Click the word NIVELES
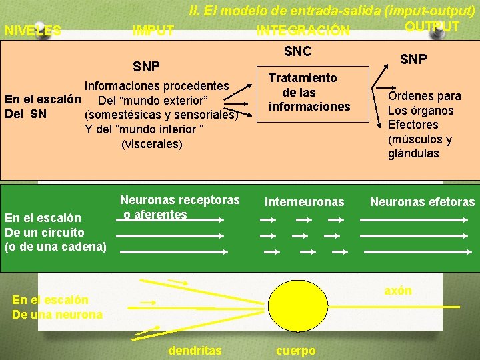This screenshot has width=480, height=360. pos(33,31)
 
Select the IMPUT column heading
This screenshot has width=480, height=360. pos(153,31)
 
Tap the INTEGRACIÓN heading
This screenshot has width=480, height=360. pos(303,31)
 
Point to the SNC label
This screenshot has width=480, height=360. pos(298,51)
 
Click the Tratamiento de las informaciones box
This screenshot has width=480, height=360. pos(309,93)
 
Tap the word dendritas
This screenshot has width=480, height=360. pos(195,350)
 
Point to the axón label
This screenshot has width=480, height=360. pos(398,291)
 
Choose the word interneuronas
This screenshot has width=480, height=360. pos(305,201)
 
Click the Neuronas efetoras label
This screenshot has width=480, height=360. pos(422,201)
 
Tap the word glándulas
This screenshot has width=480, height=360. pos(413,153)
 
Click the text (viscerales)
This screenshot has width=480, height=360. pos(151,143)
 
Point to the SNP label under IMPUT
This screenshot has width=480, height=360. pos(146,67)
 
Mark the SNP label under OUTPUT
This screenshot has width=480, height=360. pos(413,59)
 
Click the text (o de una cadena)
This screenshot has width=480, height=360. pos(55,247)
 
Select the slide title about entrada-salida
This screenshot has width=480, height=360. pos(332,11)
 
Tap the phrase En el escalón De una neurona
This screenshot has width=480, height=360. pos(57,307)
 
